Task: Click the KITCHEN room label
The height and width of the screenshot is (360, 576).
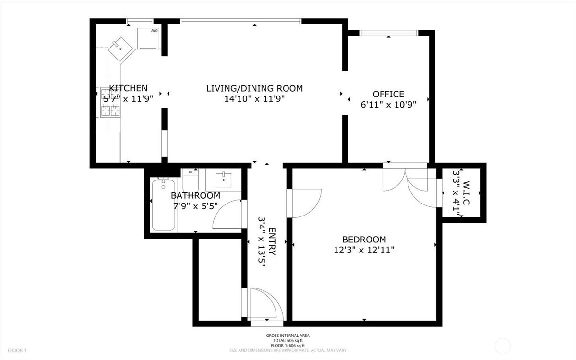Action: coord(128,88)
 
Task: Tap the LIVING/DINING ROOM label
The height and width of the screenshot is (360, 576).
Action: coord(254,88)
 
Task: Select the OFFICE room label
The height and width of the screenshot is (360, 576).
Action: coord(388,94)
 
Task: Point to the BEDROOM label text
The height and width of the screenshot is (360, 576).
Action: coord(364,240)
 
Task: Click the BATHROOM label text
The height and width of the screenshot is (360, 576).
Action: coord(196,195)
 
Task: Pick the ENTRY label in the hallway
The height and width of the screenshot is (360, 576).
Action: coord(272,241)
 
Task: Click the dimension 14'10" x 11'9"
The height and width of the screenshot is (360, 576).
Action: coord(254,99)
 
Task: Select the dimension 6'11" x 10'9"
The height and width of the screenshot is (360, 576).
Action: coord(388,105)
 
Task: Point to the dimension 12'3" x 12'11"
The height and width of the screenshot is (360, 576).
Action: coord(364,250)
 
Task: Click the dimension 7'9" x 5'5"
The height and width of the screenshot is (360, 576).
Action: coord(196,206)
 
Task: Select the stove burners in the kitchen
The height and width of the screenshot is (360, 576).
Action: coord(110,103)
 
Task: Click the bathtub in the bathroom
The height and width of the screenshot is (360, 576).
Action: coord(164,204)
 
